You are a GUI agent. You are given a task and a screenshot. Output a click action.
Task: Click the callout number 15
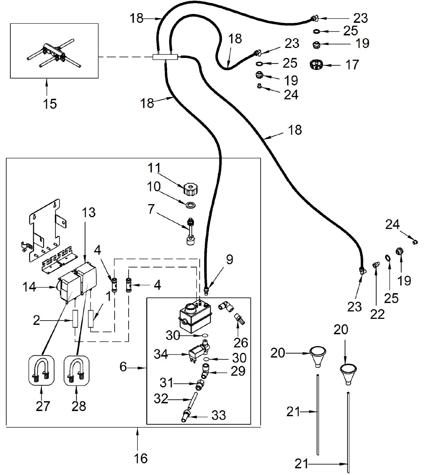pos(50,104)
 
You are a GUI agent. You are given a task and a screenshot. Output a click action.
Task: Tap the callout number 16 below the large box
pos(141,458)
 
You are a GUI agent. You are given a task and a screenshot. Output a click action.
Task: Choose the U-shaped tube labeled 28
pos(76,370)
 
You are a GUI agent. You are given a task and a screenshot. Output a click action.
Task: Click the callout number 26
pos(241,343)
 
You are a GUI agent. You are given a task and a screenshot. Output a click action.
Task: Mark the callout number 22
pos(377,314)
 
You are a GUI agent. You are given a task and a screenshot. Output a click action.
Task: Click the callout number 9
pos(229,259)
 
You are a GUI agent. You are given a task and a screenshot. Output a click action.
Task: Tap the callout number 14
pos(29,287)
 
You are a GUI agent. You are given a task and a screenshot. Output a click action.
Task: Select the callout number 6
pos(123,367)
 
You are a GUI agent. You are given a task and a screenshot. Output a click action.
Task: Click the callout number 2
pos(36,321)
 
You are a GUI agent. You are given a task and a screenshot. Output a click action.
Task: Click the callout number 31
pos(167,383)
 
